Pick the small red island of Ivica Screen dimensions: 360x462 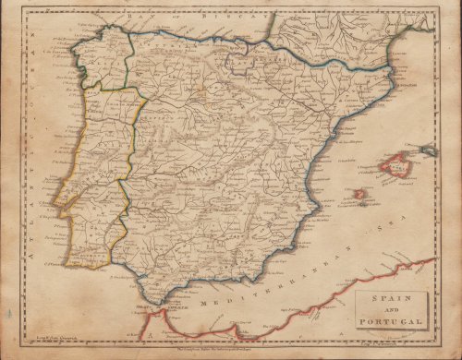click(x=359, y=195)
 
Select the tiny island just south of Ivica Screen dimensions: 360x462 click(x=358, y=205)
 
